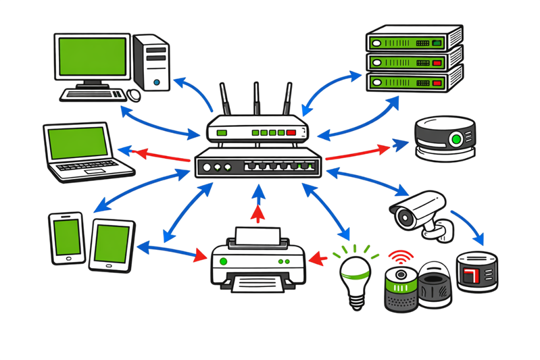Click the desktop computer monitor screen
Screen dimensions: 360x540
pyautogui.click(x=93, y=56)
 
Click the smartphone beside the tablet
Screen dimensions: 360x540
pyautogui.click(x=67, y=238)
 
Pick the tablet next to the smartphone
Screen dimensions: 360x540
pyautogui.click(x=109, y=247)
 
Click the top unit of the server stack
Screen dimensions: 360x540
pyautogui.click(x=413, y=41)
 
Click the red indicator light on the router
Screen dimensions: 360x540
pyautogui.click(x=291, y=132)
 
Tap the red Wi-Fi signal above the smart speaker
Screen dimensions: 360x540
pyautogui.click(x=399, y=258)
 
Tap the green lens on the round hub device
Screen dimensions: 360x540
pyautogui.click(x=457, y=140)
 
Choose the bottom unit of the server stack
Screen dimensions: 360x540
pyautogui.click(x=413, y=83)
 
